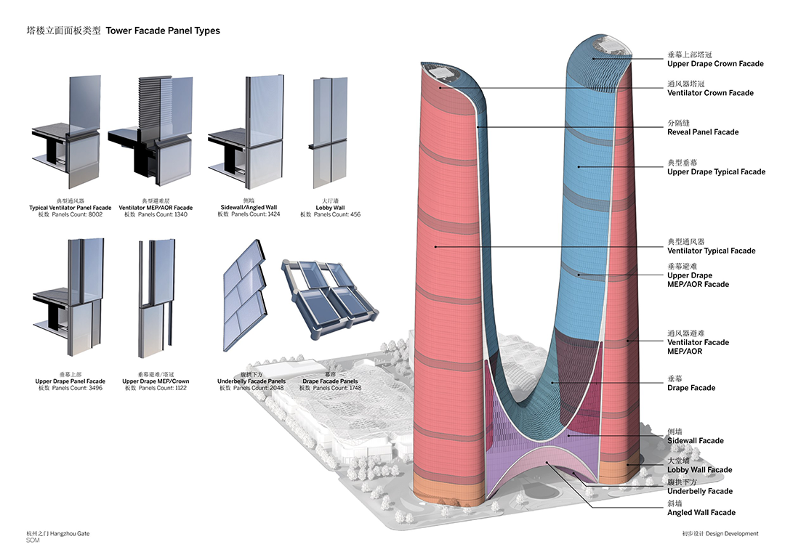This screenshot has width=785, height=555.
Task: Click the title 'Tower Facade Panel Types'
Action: point(163,31)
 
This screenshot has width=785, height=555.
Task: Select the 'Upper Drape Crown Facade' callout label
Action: point(715,63)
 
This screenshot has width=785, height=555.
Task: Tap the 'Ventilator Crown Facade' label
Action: point(710,92)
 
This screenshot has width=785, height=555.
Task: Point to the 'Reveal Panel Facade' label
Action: point(703,132)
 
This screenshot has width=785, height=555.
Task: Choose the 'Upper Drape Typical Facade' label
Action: point(717,171)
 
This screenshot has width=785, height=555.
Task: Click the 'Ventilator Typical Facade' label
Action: point(712,251)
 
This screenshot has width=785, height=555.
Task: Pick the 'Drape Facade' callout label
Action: point(691,388)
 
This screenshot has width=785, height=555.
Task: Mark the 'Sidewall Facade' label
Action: point(696,441)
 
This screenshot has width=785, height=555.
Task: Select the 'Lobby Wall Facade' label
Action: point(700,470)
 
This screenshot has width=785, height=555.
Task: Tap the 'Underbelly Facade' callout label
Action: point(700,492)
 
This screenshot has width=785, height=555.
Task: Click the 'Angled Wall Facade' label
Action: point(701,512)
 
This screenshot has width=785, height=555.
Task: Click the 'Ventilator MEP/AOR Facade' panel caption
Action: point(156,208)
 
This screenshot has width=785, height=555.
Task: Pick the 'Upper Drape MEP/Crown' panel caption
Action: point(156,381)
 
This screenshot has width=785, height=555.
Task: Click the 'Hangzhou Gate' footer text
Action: point(70,533)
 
